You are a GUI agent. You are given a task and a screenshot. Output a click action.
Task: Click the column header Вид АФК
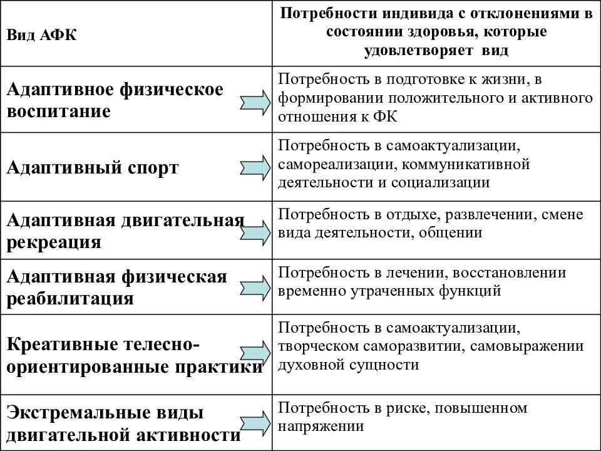click(x=42, y=35)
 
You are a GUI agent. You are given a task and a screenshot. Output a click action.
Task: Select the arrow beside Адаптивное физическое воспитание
click(x=254, y=101)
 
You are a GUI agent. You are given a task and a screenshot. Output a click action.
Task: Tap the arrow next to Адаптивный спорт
click(x=254, y=167)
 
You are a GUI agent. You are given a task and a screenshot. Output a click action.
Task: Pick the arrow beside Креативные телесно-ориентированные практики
click(x=254, y=355)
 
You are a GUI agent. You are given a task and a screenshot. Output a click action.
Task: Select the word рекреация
click(x=53, y=242)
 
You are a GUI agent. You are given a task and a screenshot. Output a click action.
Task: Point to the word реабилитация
click(x=70, y=298)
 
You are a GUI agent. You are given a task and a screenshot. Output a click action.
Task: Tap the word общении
click(x=457, y=233)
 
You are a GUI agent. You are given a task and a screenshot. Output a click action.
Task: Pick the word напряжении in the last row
click(x=321, y=427)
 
